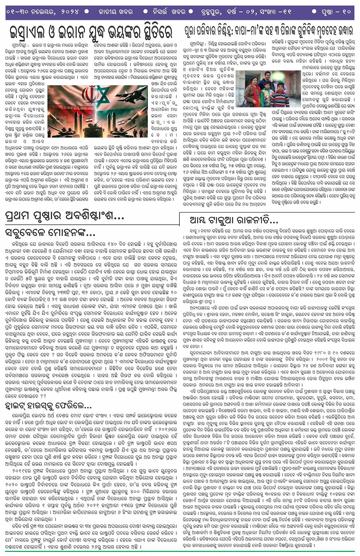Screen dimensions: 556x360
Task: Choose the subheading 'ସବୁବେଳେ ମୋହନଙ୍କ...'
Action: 50,232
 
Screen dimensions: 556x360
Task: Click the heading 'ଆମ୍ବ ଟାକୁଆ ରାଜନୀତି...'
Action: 234,220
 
